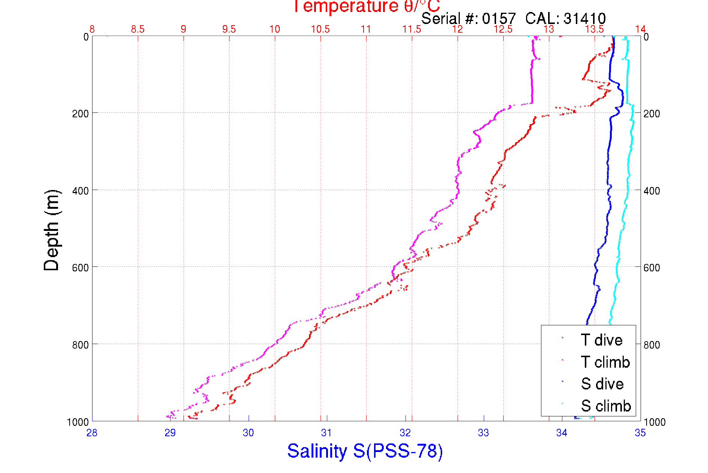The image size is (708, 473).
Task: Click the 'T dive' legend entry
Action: click(x=601, y=340)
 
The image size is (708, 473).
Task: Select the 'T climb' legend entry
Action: click(x=605, y=362)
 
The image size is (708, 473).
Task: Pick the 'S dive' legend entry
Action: click(x=602, y=384)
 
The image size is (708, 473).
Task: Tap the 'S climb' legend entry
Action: click(x=606, y=406)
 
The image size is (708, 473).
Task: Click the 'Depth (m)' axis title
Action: click(x=52, y=230)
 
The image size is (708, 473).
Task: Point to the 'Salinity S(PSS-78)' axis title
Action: click(x=365, y=451)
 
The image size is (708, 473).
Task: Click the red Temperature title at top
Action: click(x=366, y=6)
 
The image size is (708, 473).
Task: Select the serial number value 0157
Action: click(x=499, y=18)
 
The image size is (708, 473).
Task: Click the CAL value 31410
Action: click(x=584, y=18)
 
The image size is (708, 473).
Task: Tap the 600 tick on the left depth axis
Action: click(x=80, y=268)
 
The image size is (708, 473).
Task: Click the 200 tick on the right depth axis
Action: click(x=651, y=114)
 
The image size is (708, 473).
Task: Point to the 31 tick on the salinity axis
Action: click(x=326, y=433)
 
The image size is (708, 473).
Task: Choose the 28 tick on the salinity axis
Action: click(x=92, y=433)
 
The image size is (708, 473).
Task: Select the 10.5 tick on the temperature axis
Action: click(x=320, y=29)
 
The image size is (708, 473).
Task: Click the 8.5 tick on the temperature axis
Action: click(x=138, y=29)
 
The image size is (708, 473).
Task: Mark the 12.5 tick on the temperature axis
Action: click(x=503, y=29)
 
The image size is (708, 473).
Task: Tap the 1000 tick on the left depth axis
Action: click(x=78, y=422)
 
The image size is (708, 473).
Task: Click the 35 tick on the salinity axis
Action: click(x=640, y=433)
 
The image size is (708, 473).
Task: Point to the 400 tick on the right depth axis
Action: click(x=651, y=191)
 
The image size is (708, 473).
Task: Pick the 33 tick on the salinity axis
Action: click(x=483, y=433)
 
